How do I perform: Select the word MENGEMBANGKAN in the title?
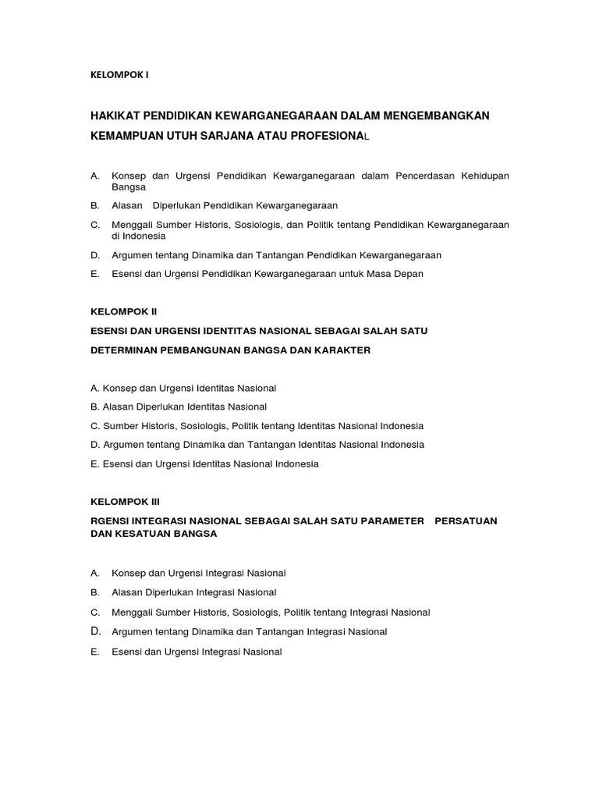click(436, 115)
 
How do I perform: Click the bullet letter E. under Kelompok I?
click(95, 274)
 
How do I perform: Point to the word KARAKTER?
click(341, 350)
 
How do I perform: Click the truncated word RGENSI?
click(112, 520)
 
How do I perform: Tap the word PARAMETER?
click(388, 520)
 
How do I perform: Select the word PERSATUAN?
click(466, 520)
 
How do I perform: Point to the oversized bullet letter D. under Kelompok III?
click(96, 631)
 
